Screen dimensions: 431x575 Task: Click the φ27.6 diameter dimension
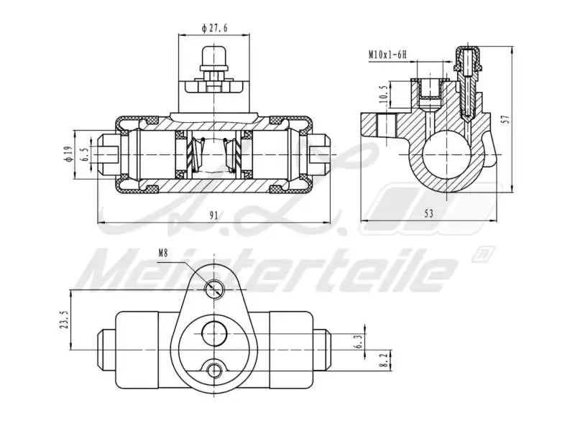click(x=213, y=27)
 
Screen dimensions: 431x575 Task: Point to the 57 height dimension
click(x=505, y=119)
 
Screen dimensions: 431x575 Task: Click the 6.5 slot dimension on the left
click(x=85, y=154)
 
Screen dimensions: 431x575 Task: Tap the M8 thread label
click(x=165, y=253)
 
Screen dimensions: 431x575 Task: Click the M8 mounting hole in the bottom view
click(x=214, y=289)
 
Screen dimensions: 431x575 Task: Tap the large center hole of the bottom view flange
click(x=214, y=333)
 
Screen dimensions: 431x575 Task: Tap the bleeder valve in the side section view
click(x=469, y=79)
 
